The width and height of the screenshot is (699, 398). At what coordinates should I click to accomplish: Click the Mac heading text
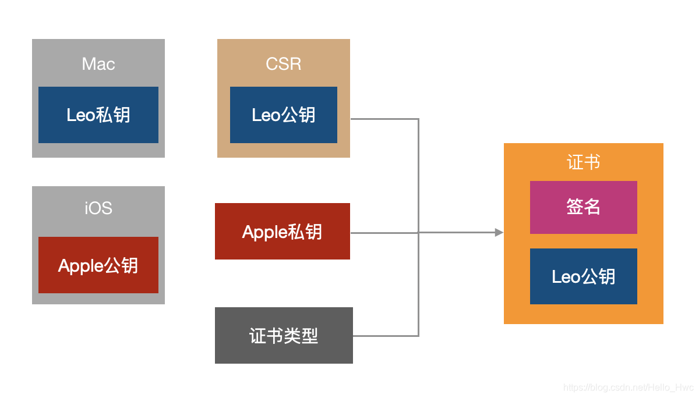point(98,64)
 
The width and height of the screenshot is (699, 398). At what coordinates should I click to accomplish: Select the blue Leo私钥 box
point(98,115)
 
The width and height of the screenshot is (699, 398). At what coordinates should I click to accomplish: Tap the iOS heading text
point(98,208)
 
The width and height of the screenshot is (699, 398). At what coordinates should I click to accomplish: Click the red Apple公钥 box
point(98,265)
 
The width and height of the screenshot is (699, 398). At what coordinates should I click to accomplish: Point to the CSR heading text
point(283,64)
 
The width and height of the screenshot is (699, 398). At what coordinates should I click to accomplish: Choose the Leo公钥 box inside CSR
point(283,115)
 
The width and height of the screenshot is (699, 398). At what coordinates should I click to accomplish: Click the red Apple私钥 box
point(283,231)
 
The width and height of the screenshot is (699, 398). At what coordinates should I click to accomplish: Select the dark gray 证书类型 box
point(284,335)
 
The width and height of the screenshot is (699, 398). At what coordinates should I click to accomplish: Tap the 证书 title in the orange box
point(583,162)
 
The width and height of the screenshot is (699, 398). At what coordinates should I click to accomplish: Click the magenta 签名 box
point(584,207)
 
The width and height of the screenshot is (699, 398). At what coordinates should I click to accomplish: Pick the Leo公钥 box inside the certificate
point(584,276)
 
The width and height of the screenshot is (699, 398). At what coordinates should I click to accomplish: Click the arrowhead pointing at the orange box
point(499,233)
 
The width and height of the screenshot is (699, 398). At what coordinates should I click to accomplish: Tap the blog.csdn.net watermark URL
point(628,388)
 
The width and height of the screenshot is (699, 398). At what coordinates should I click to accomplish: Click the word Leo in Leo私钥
point(80,115)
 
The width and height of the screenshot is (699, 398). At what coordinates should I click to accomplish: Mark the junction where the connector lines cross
point(418,233)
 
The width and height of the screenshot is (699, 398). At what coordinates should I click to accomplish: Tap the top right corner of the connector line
point(418,119)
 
